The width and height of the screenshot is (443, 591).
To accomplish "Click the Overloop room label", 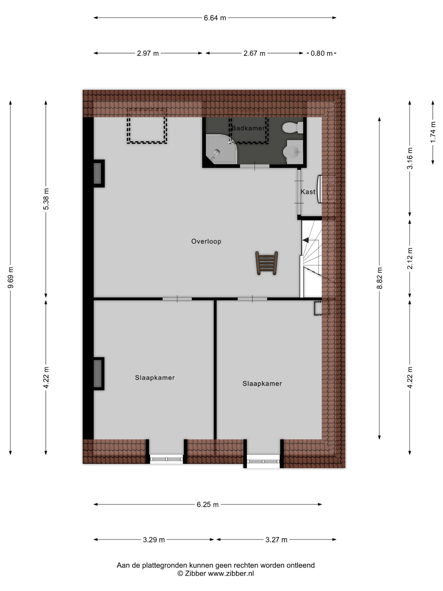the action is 206,241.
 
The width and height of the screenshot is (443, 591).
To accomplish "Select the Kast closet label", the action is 308,192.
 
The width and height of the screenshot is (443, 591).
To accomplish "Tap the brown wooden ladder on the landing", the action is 267,263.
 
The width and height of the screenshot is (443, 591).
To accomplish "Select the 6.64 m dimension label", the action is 215,18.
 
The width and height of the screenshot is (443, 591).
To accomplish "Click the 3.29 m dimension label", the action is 154,540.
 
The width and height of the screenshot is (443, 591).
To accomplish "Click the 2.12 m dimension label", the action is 410,258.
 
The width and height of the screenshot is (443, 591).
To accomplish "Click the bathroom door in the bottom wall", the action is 254,166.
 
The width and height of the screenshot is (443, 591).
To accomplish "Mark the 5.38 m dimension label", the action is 46,199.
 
